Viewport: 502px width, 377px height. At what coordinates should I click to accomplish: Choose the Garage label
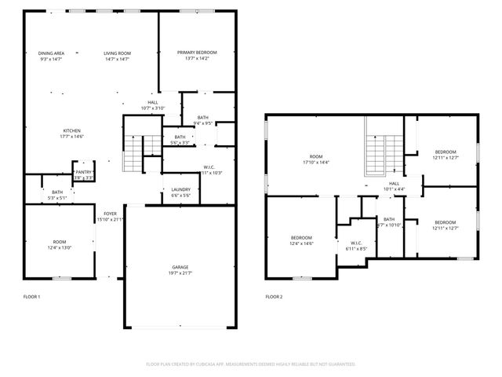click(180, 269)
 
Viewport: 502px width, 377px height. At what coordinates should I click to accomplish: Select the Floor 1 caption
click(31, 297)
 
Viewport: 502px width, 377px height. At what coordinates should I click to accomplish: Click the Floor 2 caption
click(274, 297)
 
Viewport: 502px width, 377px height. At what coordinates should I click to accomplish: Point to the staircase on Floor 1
click(133, 152)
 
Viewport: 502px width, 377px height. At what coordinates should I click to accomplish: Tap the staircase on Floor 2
click(377, 154)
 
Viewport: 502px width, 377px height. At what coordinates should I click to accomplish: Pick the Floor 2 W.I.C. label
click(356, 245)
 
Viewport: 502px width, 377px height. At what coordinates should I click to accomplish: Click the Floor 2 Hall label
click(394, 186)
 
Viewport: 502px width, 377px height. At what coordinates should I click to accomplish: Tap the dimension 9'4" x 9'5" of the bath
click(203, 123)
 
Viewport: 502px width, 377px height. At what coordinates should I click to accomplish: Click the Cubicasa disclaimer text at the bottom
click(251, 364)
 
